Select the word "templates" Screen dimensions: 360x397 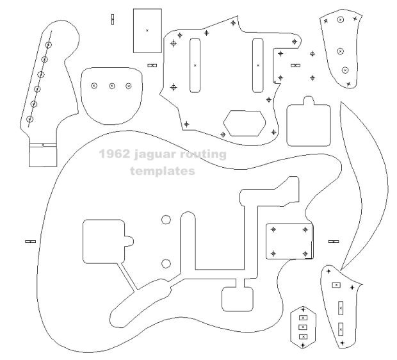click(x=162, y=171)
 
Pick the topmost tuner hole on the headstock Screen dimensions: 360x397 click(x=49, y=45)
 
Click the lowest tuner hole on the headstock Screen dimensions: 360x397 click(x=29, y=119)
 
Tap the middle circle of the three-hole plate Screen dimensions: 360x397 click(x=111, y=86)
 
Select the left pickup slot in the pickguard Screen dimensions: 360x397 click(x=195, y=64)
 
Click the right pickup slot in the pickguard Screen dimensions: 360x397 click(x=258, y=64)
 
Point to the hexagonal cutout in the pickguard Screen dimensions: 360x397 click(x=245, y=122)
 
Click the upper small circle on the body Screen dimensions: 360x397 click(x=166, y=220)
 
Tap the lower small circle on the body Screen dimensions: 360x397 click(x=166, y=262)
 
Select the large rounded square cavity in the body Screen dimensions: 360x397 click(x=104, y=242)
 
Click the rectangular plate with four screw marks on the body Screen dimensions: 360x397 click(x=290, y=240)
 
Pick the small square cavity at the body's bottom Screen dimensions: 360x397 click(x=234, y=299)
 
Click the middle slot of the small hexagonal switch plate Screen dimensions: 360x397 click(x=303, y=327)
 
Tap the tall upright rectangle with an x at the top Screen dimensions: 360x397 click(x=147, y=30)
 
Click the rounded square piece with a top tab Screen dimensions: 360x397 click(x=308, y=124)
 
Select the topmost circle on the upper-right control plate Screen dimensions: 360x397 click(x=340, y=20)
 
